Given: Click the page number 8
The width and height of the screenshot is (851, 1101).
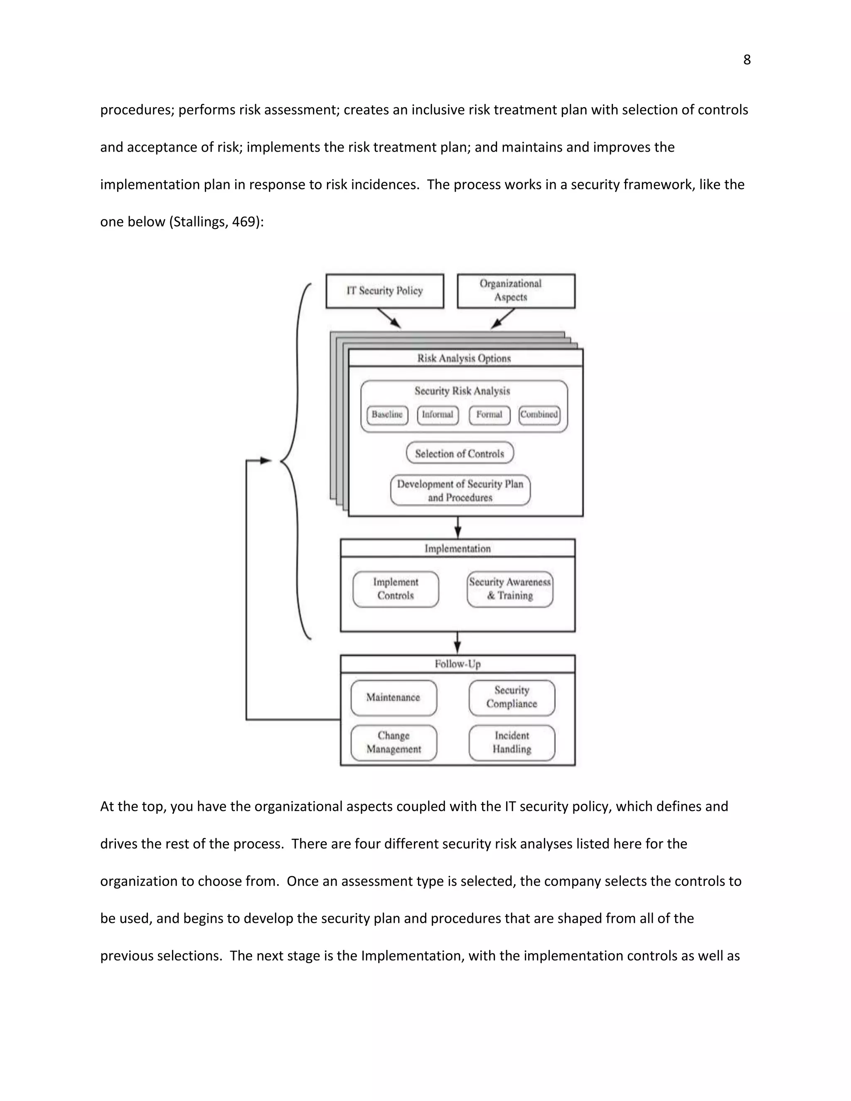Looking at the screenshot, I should [x=747, y=60].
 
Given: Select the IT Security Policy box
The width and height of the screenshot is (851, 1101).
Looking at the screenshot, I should [x=385, y=291].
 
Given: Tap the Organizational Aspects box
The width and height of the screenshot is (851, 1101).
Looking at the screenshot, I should [x=516, y=291].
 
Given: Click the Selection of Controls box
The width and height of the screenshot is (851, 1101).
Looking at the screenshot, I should [x=460, y=453].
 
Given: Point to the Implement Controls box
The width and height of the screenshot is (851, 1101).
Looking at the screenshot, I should [x=396, y=589].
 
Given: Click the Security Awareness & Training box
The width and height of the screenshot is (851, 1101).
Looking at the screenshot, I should [x=510, y=589].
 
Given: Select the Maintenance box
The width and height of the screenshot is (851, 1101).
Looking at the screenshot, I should [x=393, y=698].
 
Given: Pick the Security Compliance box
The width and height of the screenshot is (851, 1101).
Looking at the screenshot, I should [x=512, y=698].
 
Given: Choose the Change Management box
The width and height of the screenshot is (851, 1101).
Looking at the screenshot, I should [x=393, y=742].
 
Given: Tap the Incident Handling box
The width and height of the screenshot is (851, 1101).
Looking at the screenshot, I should [x=512, y=742].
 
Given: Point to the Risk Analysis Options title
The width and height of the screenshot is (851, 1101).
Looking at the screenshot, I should [x=464, y=359].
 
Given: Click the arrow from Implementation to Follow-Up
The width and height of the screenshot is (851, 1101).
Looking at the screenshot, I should [x=457, y=643].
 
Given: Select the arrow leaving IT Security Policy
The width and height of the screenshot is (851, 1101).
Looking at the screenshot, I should [x=389, y=318].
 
